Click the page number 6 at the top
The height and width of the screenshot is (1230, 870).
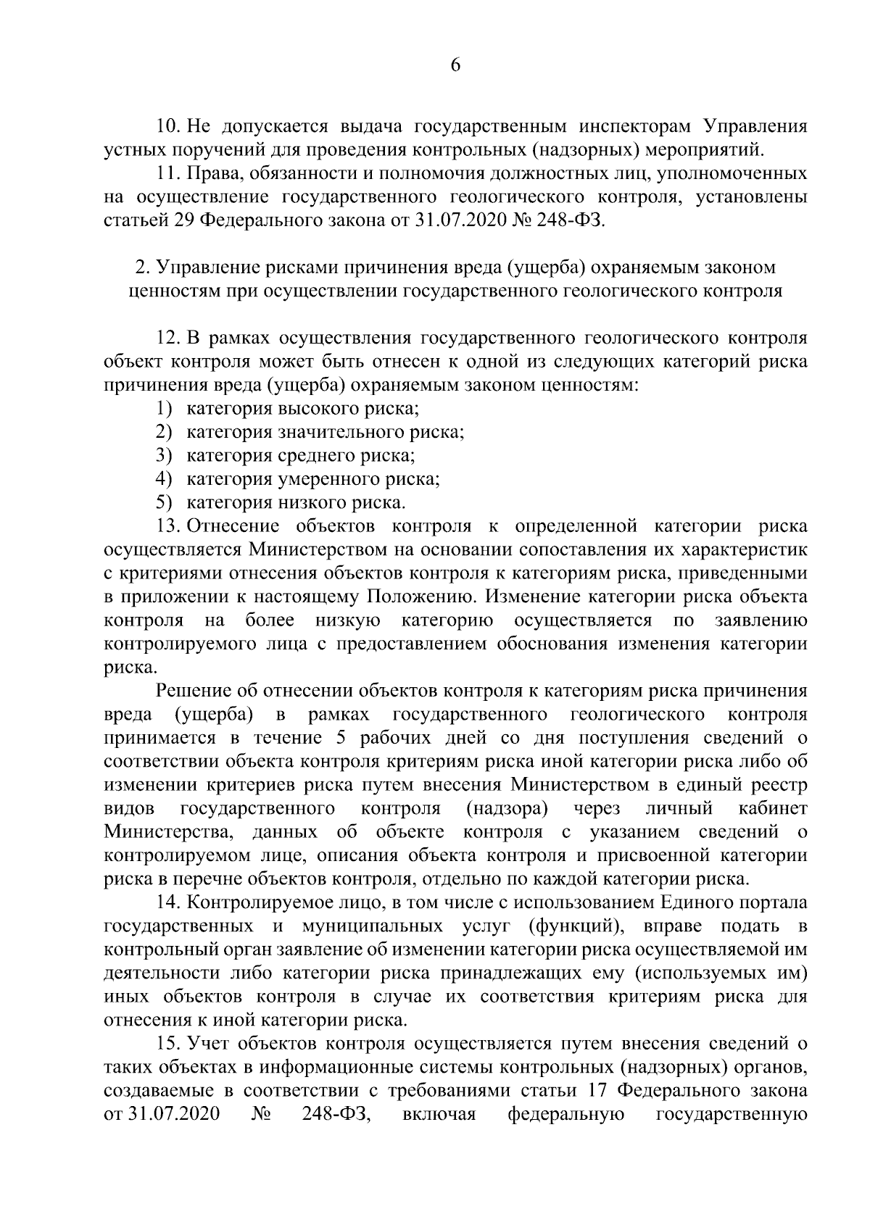(x=455, y=65)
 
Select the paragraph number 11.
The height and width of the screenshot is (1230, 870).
(x=168, y=174)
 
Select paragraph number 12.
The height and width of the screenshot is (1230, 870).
(x=168, y=338)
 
